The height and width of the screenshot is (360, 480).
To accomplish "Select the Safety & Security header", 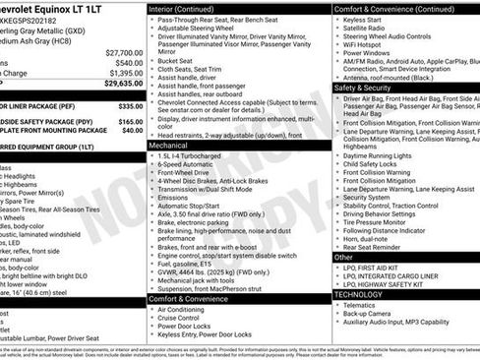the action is click(362, 88).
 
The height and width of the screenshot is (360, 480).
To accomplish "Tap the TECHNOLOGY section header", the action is click(358, 294).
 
